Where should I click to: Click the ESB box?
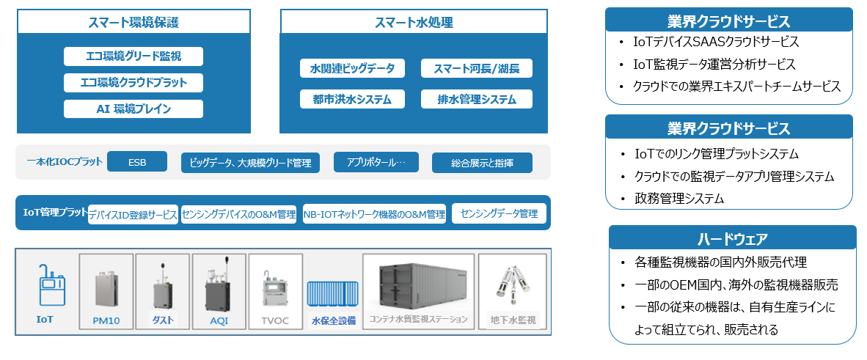(137, 162)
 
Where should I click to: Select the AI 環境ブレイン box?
(133, 109)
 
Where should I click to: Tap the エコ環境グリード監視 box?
(133, 56)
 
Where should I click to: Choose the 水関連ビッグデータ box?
(352, 68)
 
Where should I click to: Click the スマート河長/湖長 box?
(477, 68)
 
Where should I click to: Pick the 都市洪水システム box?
(352, 99)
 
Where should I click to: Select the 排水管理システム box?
(477, 99)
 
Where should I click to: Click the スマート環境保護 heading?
(133, 22)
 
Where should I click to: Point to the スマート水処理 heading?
(414, 22)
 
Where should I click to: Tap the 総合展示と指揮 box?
(482, 163)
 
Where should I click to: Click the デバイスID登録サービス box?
(133, 215)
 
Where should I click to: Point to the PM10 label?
(106, 320)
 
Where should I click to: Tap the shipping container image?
(418, 286)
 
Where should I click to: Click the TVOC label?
(275, 320)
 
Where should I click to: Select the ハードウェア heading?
(733, 240)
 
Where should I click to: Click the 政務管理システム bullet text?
(679, 199)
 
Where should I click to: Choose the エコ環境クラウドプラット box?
(133, 83)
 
